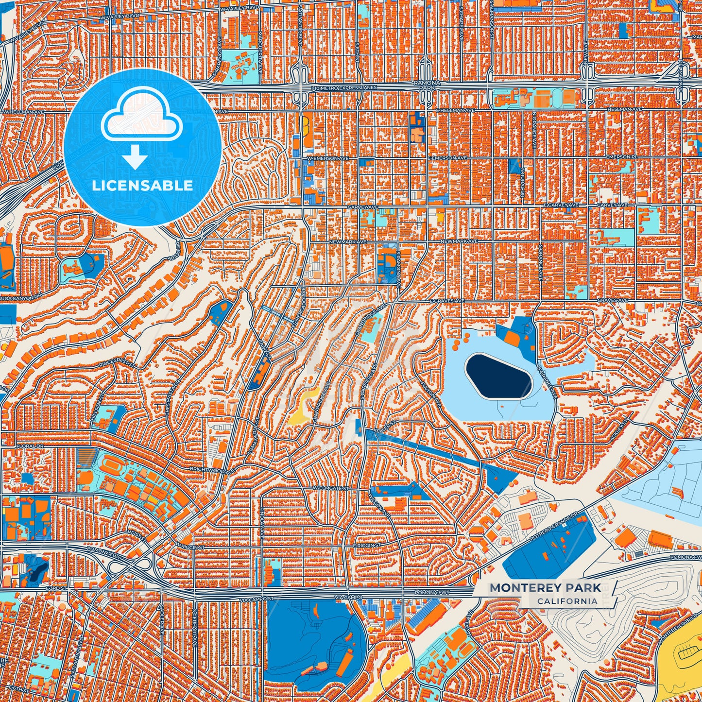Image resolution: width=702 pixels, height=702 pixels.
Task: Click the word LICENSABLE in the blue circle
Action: [142, 186]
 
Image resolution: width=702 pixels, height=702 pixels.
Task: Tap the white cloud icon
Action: [141, 116]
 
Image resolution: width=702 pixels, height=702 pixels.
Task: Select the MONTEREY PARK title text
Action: [545, 588]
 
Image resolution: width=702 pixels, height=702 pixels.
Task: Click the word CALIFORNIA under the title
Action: [567, 601]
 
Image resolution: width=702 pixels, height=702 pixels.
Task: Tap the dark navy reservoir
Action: [498, 376]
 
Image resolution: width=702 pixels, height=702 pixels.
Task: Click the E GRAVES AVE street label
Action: [446, 301]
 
